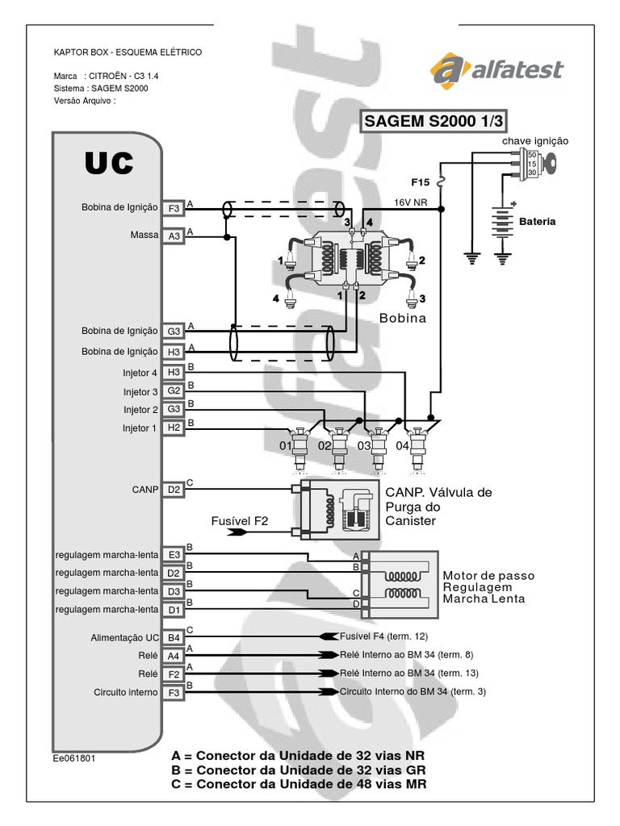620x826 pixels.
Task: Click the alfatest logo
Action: click(496, 69)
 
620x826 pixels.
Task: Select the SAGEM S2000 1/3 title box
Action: click(433, 121)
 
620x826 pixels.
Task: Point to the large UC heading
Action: click(109, 163)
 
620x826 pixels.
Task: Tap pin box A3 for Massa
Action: click(174, 236)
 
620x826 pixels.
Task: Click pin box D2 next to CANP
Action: click(174, 490)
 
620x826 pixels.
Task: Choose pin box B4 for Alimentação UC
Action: click(174, 637)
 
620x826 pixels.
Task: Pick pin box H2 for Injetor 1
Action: click(174, 428)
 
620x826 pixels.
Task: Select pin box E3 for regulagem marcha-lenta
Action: click(174, 555)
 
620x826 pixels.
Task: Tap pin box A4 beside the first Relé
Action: click(174, 656)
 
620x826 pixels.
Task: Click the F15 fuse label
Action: click(420, 182)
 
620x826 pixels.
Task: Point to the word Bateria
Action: click(537, 222)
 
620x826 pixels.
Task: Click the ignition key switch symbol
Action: click(537, 165)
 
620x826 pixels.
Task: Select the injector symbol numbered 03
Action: click(378, 448)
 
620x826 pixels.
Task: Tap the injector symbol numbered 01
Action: click(300, 448)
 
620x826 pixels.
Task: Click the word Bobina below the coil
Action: click(402, 318)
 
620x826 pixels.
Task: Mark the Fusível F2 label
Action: click(239, 521)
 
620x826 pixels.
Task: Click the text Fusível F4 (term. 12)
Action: click(383, 636)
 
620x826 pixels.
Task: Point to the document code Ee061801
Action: click(73, 758)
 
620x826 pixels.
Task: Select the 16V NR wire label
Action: click(411, 202)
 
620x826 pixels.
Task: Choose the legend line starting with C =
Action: click(299, 784)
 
